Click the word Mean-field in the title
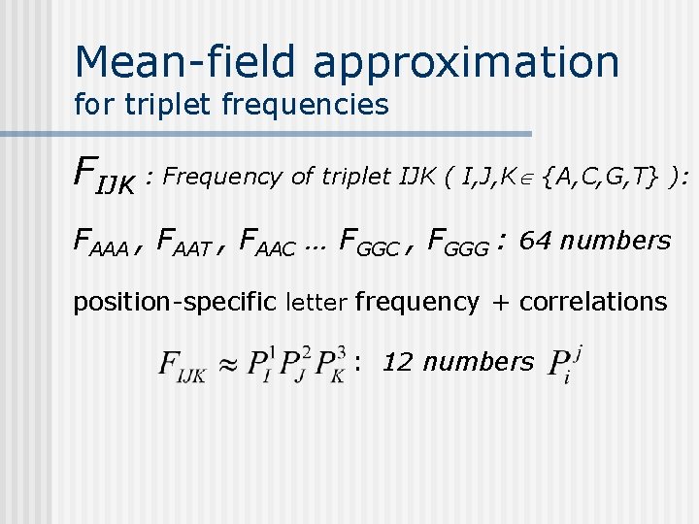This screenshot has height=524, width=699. [186, 62]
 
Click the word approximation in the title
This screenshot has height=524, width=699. [466, 62]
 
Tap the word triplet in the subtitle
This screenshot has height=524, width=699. [167, 104]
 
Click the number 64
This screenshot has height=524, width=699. [536, 240]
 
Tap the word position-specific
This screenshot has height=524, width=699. [176, 302]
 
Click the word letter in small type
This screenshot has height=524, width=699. [316, 303]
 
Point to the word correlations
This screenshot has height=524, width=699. [593, 302]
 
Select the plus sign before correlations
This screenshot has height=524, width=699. [499, 303]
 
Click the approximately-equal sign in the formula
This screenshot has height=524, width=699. [227, 367]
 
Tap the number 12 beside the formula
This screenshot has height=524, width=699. [396, 362]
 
